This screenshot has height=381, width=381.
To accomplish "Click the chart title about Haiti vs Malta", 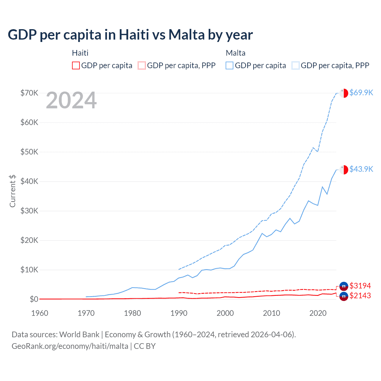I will click(130, 35).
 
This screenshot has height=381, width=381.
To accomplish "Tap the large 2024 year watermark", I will click(71, 101).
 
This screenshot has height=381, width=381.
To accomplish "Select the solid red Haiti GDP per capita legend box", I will click(76, 65).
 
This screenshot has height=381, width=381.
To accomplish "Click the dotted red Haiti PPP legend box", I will click(142, 65).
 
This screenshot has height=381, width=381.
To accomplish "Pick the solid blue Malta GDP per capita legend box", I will click(229, 65).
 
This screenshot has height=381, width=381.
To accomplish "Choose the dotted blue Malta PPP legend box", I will click(295, 65).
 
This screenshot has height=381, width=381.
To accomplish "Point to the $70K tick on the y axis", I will click(29, 93).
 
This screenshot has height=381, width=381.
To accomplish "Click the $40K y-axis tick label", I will click(29, 181).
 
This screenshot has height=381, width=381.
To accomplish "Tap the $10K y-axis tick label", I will click(29, 270).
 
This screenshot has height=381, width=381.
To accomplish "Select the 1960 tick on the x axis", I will click(40, 313).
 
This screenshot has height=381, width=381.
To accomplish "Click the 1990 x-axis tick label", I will click(179, 313).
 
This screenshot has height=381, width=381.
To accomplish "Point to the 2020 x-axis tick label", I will click(318, 313).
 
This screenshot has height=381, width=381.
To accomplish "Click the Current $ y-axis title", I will click(13, 191).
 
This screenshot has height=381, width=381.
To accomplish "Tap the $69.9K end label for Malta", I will click(361, 93).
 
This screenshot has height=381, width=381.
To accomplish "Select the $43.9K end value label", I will click(361, 169).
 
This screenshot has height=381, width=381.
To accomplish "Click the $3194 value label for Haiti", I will click(360, 286).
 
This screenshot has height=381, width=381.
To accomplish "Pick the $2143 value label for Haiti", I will click(360, 296).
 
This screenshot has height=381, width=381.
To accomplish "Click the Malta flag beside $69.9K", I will click(344, 93).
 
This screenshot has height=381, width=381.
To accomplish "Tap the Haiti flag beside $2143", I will click(344, 296).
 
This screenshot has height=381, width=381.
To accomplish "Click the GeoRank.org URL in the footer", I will click(70, 346).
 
